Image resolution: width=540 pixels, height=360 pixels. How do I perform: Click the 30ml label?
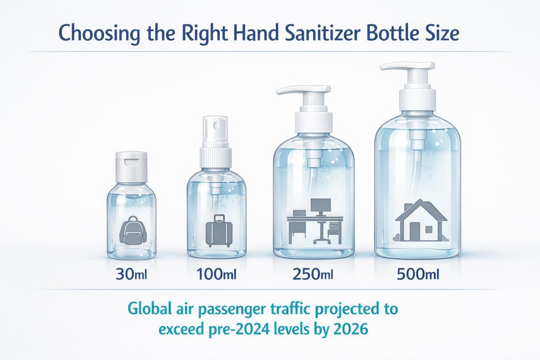coord(131,275)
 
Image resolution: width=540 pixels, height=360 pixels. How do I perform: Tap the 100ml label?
coord(216,275)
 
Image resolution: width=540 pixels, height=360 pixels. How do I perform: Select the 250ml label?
coord(313,275)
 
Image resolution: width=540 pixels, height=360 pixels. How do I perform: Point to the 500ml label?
coord(418,275)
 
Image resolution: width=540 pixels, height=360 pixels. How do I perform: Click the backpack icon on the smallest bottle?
coord(132,231)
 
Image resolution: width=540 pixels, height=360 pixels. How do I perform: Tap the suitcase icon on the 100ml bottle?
coord(219,231)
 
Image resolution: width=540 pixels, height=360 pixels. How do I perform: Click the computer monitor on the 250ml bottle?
coord(321,207)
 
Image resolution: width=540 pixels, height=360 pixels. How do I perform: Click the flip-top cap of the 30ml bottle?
coord(131,167)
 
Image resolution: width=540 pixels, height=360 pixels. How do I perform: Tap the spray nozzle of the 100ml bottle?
coord(215,132)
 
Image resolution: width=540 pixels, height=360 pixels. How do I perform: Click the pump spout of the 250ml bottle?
coord(304,90)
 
